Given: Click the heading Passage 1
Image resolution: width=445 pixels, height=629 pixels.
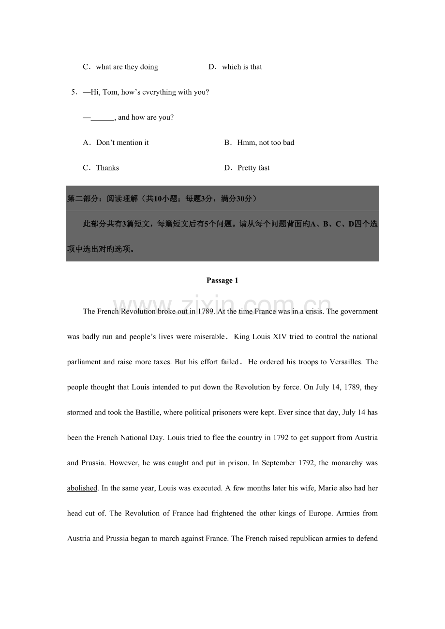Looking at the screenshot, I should (222, 281).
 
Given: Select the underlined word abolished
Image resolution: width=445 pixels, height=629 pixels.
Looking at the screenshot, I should (82, 488).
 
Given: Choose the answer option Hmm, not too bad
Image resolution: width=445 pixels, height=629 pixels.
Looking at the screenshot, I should (266, 143).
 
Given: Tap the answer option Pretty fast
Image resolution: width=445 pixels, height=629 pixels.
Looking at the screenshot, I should (253, 168).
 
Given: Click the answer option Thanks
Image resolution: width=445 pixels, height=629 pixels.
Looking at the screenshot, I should (107, 168).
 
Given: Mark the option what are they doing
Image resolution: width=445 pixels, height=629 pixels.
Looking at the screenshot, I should (127, 67).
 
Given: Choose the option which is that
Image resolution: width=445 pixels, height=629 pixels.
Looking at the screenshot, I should (242, 67).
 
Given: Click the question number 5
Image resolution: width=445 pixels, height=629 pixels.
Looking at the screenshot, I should (74, 92).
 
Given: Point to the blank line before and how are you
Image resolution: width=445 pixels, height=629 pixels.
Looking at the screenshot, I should (102, 117).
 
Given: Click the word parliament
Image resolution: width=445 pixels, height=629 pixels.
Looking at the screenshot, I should (84, 362).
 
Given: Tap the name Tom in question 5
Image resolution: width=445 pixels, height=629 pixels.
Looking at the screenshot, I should (110, 92).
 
